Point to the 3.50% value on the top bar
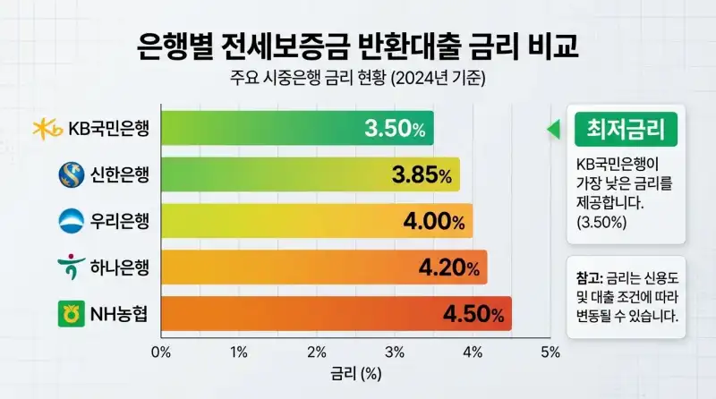395,129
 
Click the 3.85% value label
421,175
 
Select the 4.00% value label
434,221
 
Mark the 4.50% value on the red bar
473,314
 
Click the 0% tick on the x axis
161,352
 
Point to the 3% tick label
394,352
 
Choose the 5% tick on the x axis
550,352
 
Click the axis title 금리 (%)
356,374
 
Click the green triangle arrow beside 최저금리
553,130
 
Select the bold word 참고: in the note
591,276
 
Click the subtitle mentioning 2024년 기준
357,78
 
